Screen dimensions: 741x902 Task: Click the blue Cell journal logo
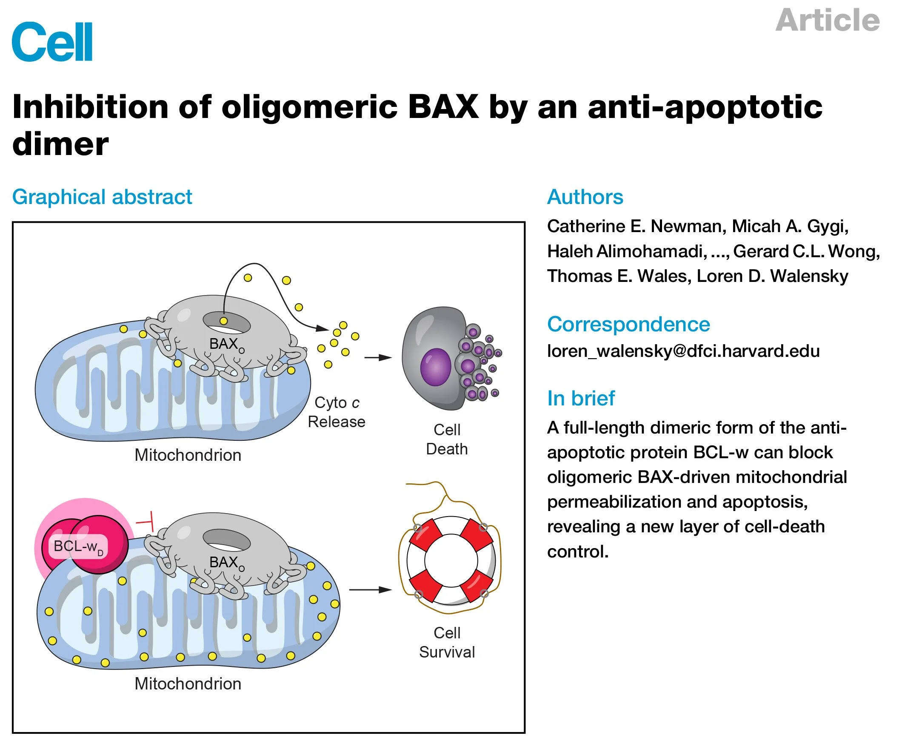(52, 42)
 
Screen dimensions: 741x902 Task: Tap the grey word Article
(827, 20)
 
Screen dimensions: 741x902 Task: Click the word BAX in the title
(442, 106)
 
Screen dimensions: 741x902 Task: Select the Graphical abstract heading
(102, 197)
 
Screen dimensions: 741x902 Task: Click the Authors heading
(585, 197)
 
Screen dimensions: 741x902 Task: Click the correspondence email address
(683, 351)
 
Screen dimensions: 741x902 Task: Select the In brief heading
(581, 398)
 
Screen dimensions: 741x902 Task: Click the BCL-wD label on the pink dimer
(78, 546)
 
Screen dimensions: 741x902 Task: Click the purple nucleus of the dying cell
(435, 367)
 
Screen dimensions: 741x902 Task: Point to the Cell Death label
(446, 439)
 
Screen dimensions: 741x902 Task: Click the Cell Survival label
(446, 642)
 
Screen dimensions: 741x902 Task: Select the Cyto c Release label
(337, 412)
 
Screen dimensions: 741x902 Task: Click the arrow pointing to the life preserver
(370, 589)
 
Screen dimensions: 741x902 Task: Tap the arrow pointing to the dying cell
(378, 357)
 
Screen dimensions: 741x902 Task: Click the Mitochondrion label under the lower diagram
(188, 684)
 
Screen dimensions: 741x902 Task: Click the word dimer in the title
(60, 144)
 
